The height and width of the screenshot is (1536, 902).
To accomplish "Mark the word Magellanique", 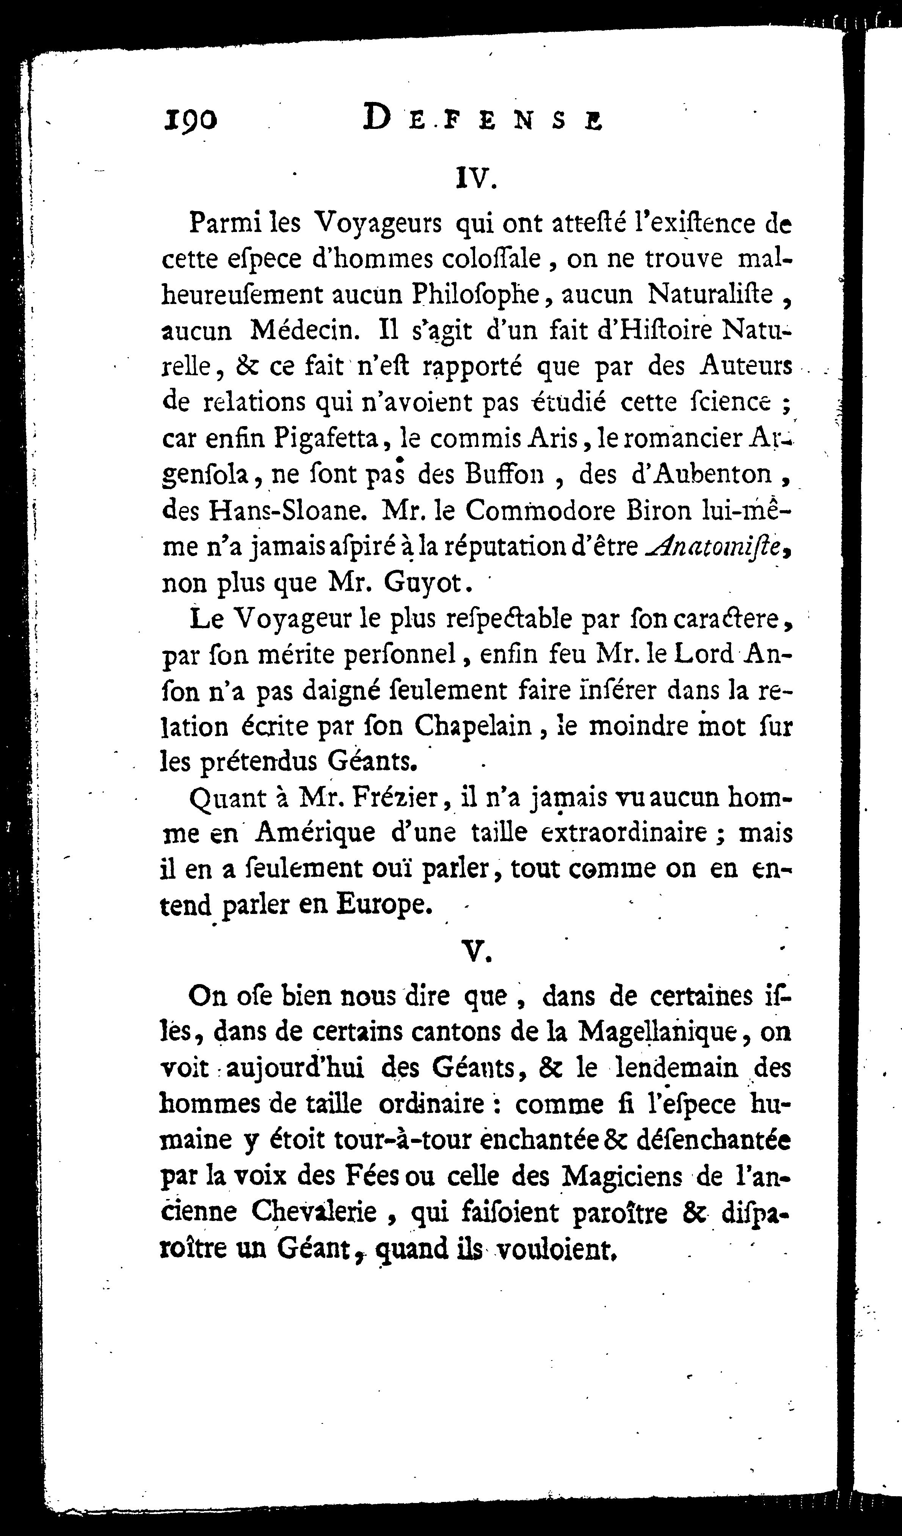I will (x=659, y=1031).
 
